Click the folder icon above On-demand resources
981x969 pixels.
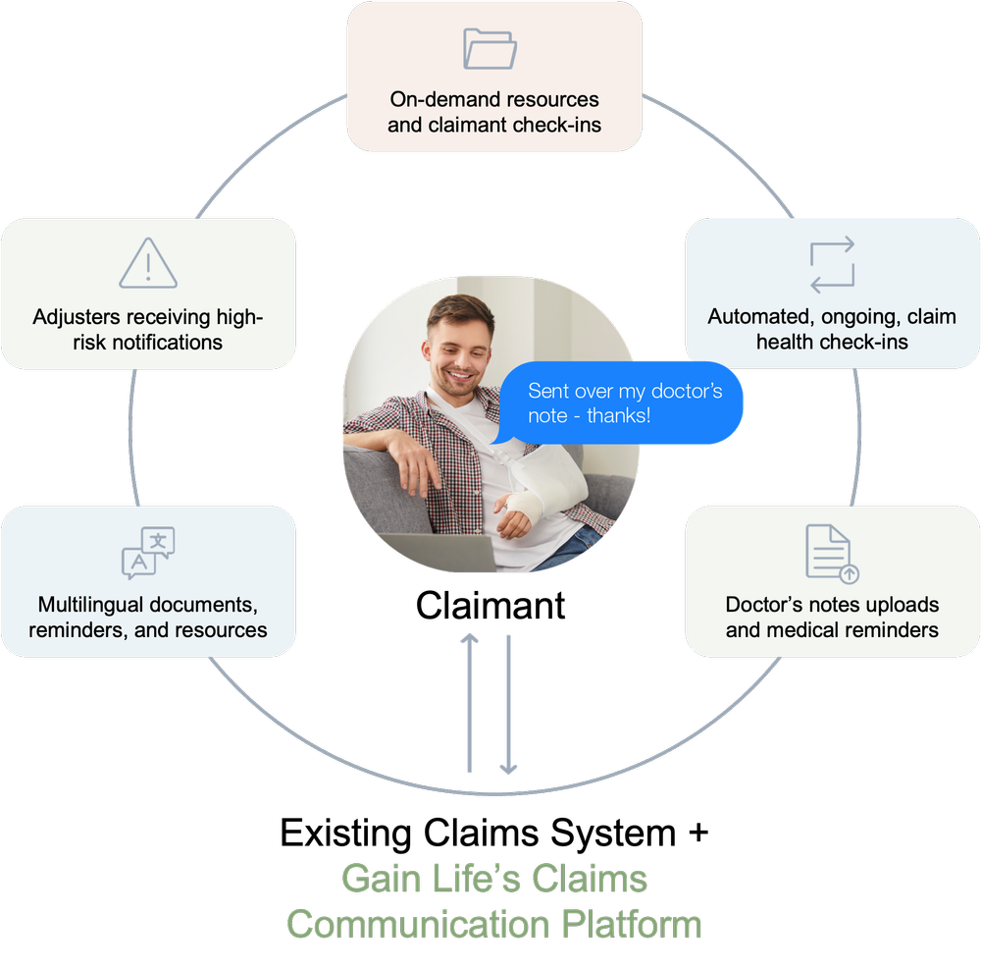[x=490, y=49]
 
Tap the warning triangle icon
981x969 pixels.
[x=148, y=263]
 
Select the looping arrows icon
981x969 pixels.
[x=832, y=264]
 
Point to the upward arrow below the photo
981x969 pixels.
[x=470, y=703]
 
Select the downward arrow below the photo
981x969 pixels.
[x=508, y=703]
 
